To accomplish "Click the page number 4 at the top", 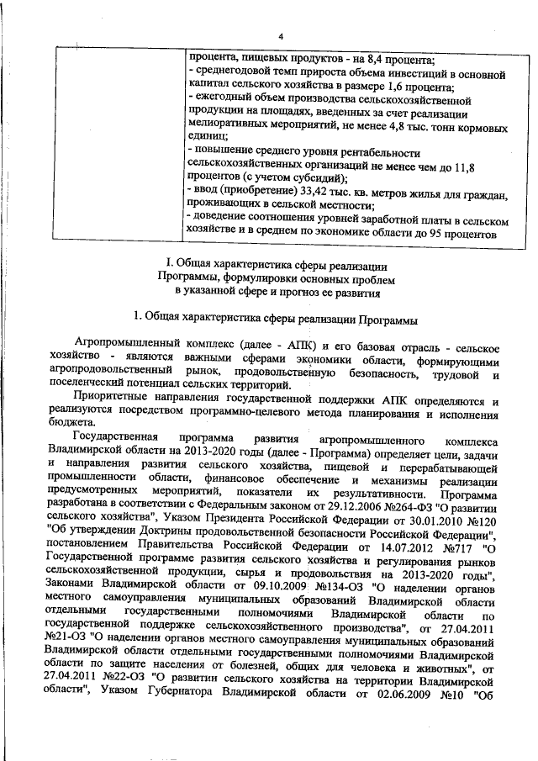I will click(282, 35).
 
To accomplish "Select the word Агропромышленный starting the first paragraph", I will click(124, 346).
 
